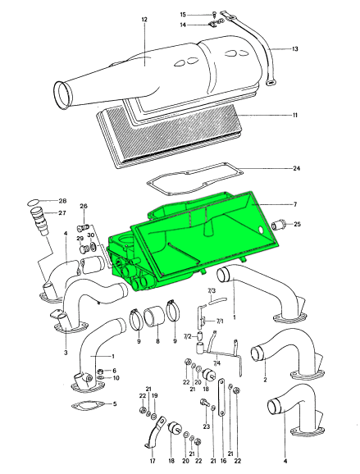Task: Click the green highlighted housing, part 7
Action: coord(194,242)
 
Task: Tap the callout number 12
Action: coord(144,20)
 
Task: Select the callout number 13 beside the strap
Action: coord(294,48)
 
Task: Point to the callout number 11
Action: coord(294,115)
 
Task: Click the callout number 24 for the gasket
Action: coord(296,168)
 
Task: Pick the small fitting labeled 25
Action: coord(278,226)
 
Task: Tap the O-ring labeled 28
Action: coord(34,202)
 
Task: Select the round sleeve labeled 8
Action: coord(154,317)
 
